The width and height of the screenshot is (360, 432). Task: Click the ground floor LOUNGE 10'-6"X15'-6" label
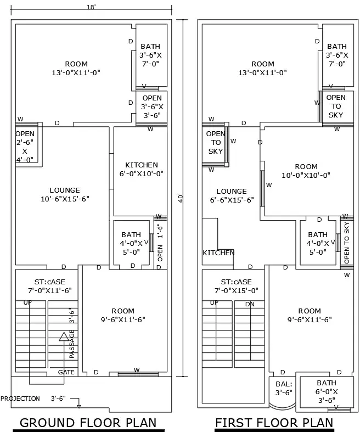pyautogui.click(x=65, y=194)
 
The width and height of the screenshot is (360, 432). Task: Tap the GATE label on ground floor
pyautogui.click(x=66, y=372)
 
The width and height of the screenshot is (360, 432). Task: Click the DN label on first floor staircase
pyautogui.click(x=250, y=304)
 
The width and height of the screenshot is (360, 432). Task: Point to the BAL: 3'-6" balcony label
pyautogui.click(x=284, y=388)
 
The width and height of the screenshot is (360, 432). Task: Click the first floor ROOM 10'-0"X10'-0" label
pyautogui.click(x=306, y=171)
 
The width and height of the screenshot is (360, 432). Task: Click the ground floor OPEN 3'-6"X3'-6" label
pyautogui.click(x=152, y=106)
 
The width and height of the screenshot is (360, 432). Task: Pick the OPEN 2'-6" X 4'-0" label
pyautogui.click(x=25, y=147)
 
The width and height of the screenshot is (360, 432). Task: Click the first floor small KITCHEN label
pyautogui.click(x=218, y=253)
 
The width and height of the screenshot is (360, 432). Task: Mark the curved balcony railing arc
pyautogui.click(x=280, y=406)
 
